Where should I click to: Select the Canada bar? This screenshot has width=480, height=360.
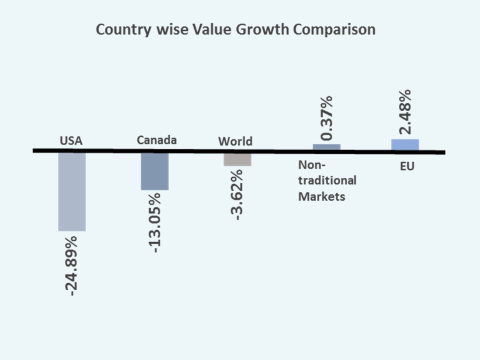(154, 171)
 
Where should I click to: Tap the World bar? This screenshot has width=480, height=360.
(237, 159)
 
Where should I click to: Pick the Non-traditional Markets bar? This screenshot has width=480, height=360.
(326, 147)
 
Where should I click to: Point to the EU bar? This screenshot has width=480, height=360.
(405, 144)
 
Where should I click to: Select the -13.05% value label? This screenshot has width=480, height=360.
(155, 222)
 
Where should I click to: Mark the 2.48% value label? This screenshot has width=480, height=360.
(405, 111)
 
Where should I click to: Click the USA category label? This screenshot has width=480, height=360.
(71, 141)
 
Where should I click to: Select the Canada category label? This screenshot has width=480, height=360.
(156, 140)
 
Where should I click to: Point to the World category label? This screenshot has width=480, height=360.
(235, 141)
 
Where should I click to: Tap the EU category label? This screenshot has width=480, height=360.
(407, 166)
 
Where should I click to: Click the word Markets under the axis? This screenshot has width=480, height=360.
(321, 196)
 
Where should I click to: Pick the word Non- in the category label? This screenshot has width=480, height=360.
(311, 164)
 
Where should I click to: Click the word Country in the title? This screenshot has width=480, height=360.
(123, 29)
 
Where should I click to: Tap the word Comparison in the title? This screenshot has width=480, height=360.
(334, 29)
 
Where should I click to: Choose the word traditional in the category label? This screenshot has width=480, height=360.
(327, 180)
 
